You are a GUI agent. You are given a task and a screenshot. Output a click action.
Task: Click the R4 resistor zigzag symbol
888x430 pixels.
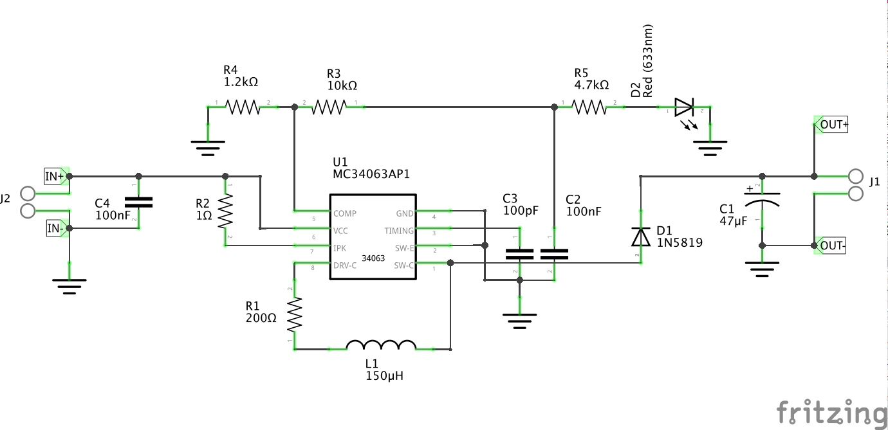[x=242, y=107]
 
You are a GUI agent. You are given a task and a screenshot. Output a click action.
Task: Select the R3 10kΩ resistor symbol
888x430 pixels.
[x=329, y=107]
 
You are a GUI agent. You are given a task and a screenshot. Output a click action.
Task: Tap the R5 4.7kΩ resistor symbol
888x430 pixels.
[x=589, y=107]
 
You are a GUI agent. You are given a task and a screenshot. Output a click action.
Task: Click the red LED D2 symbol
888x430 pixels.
[x=684, y=107]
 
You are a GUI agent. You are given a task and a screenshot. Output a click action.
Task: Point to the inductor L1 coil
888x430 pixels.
[x=381, y=346]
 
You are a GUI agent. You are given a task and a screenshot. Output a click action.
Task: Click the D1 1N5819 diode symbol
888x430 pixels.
[x=640, y=237]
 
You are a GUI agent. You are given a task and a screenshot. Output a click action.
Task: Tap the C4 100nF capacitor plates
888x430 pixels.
[x=138, y=202]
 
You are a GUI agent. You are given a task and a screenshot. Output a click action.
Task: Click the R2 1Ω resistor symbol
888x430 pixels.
[x=226, y=213]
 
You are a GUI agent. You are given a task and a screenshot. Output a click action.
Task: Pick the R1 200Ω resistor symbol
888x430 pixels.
[x=295, y=314]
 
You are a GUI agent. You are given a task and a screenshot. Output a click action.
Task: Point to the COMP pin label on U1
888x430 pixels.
[x=345, y=213]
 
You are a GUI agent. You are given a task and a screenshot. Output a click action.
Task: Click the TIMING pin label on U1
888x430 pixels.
[x=399, y=231]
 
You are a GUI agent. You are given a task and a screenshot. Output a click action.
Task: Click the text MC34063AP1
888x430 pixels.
[x=371, y=174]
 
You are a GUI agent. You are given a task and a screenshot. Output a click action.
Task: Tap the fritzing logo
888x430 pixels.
[x=831, y=412]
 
